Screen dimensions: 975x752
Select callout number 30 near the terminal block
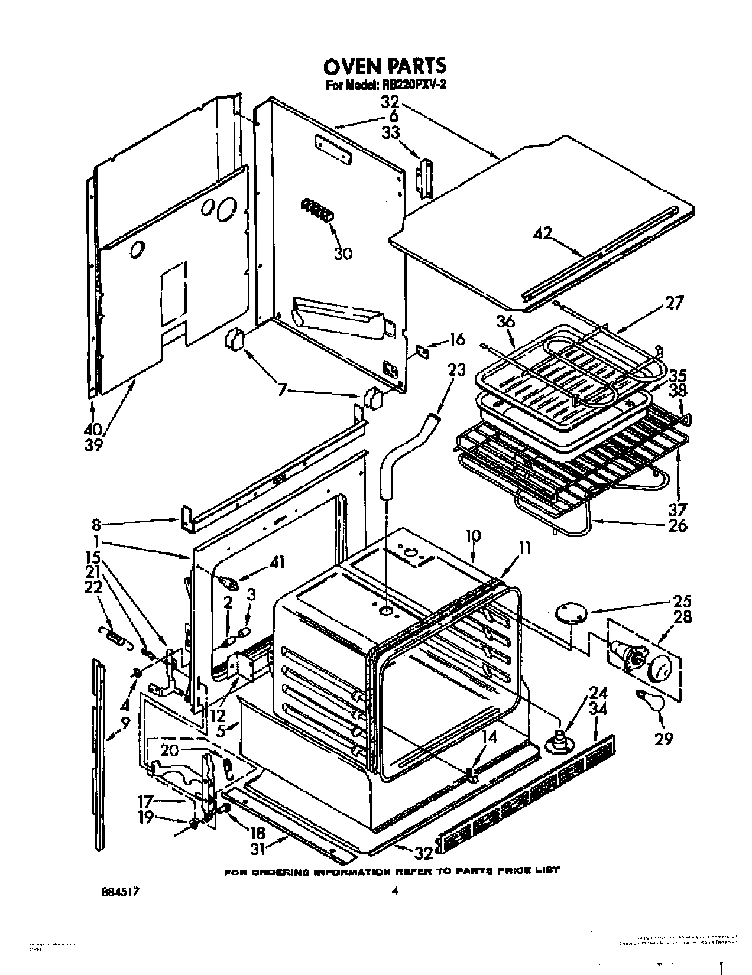click(x=343, y=253)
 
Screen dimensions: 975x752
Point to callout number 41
click(x=277, y=563)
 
